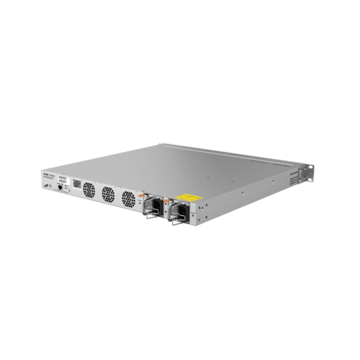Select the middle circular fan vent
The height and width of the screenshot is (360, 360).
(x=109, y=194)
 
